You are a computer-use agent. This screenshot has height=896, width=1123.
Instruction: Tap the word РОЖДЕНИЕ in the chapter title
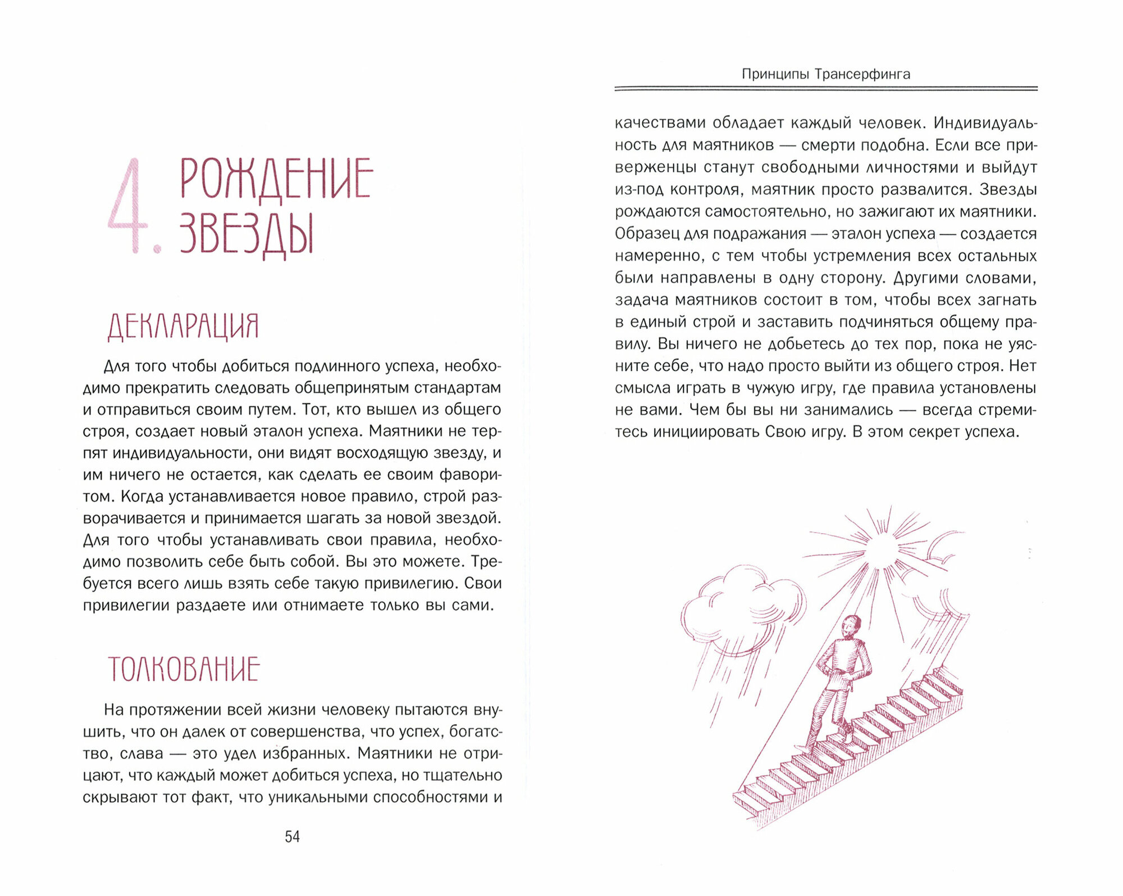pyautogui.click(x=276, y=179)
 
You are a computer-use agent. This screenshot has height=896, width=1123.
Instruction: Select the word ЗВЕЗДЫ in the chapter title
pyautogui.click(x=246, y=234)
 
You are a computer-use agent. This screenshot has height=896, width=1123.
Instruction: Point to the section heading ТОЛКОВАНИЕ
pyautogui.click(x=184, y=669)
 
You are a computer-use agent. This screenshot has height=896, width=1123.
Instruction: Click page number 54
pyautogui.click(x=292, y=837)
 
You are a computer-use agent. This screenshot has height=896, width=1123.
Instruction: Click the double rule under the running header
pyautogui.click(x=825, y=88)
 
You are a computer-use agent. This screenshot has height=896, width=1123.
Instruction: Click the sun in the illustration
pyautogui.click(x=882, y=548)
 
